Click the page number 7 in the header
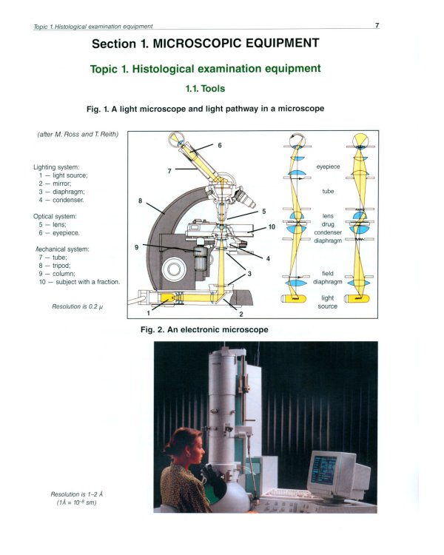point(377,25)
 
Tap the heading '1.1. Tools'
point(205,88)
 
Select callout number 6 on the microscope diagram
point(220,145)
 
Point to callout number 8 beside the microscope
point(140,201)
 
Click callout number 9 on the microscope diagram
point(137,247)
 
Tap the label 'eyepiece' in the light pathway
point(328,167)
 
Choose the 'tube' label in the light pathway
point(328,191)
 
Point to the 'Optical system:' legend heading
point(55,216)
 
